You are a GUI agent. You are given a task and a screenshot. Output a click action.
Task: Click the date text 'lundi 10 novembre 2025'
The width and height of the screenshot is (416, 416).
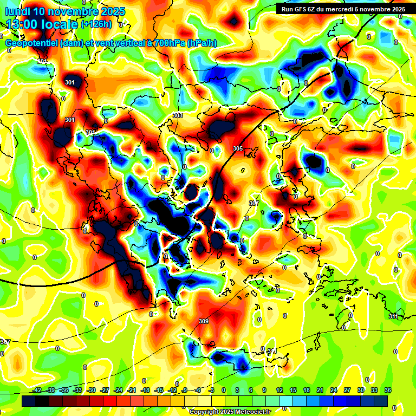point(64,11)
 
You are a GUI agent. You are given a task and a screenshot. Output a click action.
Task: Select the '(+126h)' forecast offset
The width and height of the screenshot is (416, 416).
point(97,24)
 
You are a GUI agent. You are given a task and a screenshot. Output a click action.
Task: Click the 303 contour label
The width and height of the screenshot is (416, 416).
point(178,115)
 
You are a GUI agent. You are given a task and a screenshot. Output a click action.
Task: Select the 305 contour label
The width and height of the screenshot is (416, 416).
point(238,148)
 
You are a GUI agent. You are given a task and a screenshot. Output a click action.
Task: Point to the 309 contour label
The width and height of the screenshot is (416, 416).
point(204,321)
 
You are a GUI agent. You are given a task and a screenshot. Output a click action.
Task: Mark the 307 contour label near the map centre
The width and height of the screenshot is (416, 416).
point(253,203)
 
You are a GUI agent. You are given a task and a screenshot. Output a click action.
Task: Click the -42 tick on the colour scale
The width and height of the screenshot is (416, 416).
point(37,390)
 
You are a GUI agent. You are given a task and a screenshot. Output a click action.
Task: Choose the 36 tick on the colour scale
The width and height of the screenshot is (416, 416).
point(388,390)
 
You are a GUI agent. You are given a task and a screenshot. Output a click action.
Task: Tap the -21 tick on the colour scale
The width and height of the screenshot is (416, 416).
point(132,390)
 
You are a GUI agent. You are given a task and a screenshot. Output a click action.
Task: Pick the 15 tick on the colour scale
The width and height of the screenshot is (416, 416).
point(293,390)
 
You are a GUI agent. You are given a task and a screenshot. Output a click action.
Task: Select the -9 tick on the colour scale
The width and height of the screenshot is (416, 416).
point(185,390)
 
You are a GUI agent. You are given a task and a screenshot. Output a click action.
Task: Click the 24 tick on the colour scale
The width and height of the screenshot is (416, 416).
point(334,390)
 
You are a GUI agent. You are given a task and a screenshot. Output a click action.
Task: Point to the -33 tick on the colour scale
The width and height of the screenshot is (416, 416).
point(77,390)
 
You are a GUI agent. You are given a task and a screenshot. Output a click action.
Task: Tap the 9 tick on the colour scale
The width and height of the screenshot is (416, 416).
point(265,390)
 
